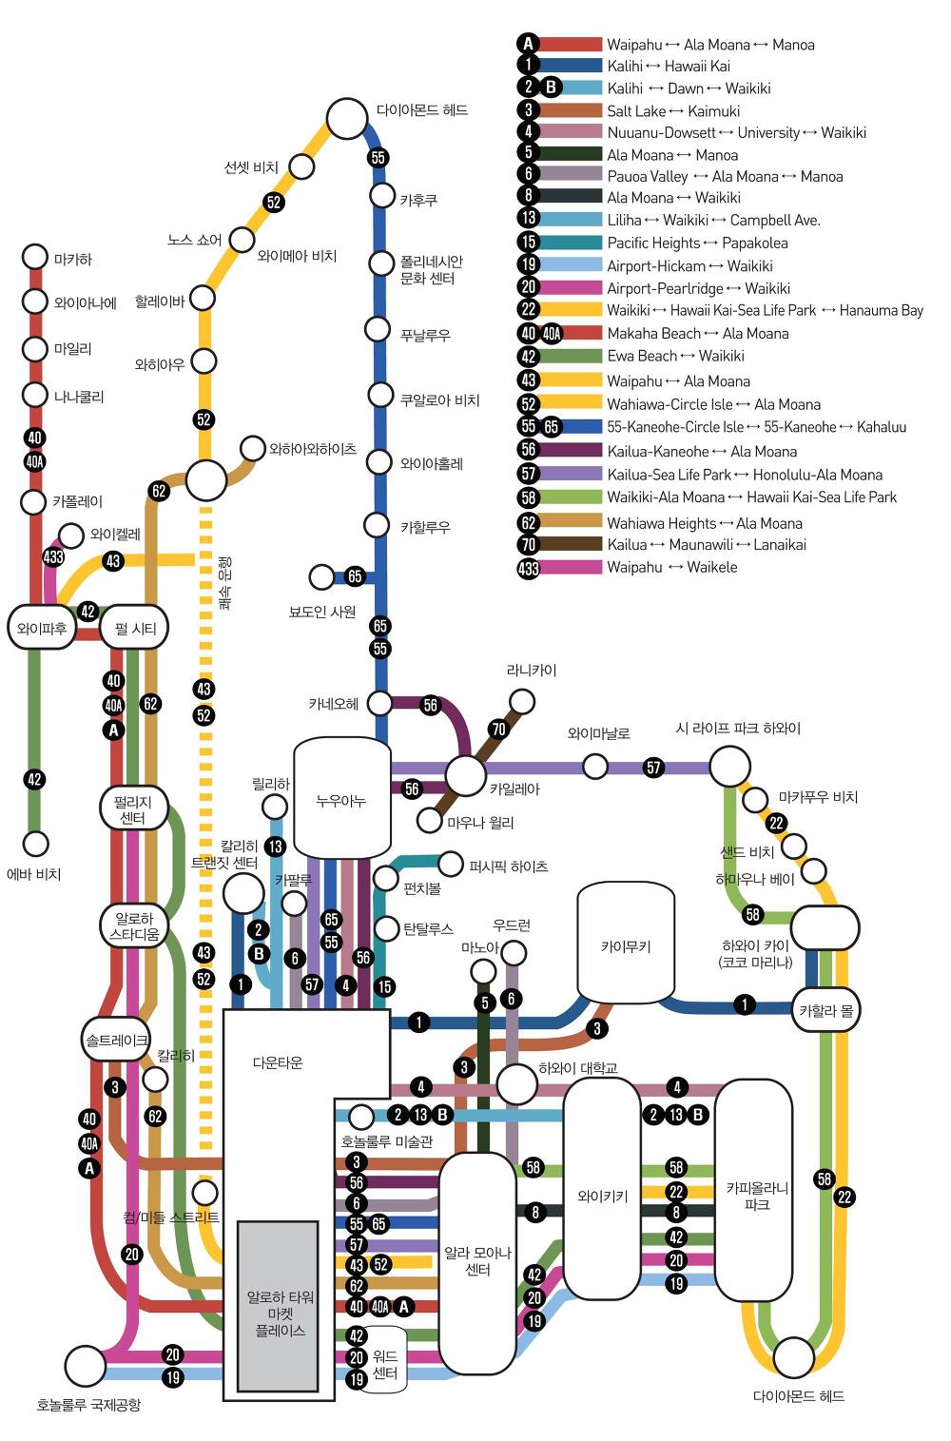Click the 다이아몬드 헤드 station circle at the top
pyautogui.click(x=347, y=120)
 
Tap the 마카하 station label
pyautogui.click(x=73, y=259)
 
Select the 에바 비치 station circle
pyautogui.click(x=35, y=844)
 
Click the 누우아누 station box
pyautogui.click(x=341, y=799)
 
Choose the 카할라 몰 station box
pyautogui.click(x=825, y=1011)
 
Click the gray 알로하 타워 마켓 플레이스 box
pyautogui.click(x=278, y=1307)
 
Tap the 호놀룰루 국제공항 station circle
pyautogui.click(x=85, y=1366)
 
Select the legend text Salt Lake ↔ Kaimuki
pyautogui.click(x=673, y=111)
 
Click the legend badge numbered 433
pyautogui.click(x=529, y=568)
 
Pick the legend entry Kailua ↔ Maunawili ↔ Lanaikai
pyautogui.click(x=707, y=545)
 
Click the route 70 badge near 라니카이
pyautogui.click(x=498, y=730)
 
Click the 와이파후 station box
pyautogui.click(x=41, y=629)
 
